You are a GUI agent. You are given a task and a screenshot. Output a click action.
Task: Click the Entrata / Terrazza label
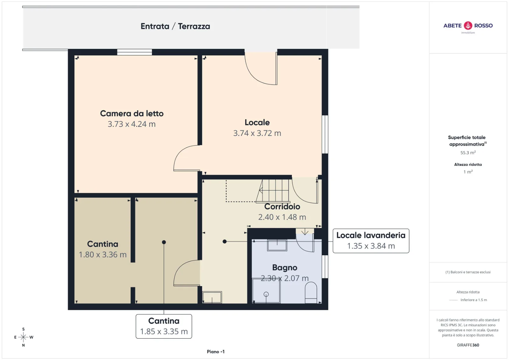point(175,26)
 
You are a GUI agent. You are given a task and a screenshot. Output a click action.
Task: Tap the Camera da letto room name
point(132,114)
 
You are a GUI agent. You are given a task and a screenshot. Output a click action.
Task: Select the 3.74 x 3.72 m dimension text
point(257,133)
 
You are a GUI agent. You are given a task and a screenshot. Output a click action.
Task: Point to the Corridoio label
point(282,207)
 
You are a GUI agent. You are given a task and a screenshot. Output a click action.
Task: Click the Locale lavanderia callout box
point(371,241)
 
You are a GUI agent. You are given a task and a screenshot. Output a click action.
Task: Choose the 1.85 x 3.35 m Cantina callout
point(164,326)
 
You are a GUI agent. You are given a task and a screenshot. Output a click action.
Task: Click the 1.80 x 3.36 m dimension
point(102,254)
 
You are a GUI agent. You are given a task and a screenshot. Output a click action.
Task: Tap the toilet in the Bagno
point(310,293)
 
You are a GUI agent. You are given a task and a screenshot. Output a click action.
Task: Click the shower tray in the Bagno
point(266,291)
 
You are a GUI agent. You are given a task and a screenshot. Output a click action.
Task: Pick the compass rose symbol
point(23,337)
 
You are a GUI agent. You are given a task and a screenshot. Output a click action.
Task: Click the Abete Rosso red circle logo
point(468,25)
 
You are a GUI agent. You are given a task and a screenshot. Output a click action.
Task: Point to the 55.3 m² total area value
point(468,152)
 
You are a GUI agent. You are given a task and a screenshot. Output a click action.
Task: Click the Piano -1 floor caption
point(216,352)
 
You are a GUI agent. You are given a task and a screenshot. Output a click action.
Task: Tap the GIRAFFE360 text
point(468,345)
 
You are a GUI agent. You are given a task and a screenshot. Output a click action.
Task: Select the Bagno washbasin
point(277,245)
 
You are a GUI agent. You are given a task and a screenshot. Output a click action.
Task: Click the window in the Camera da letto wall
point(135,52)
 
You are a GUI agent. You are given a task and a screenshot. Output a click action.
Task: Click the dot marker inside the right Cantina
point(164,242)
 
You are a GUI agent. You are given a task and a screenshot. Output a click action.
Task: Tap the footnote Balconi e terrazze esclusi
point(468,272)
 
